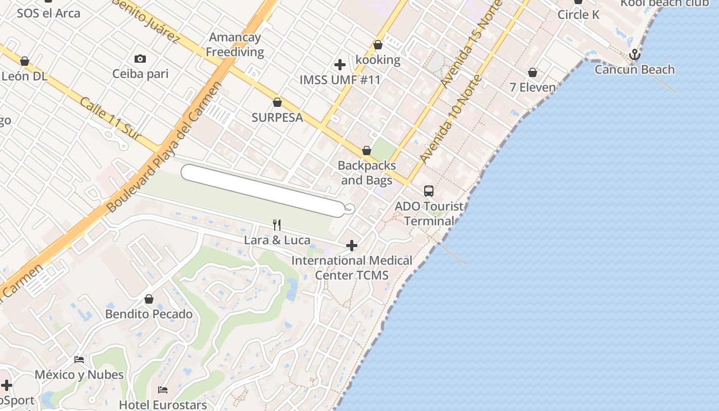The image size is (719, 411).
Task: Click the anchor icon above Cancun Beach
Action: click(x=635, y=54)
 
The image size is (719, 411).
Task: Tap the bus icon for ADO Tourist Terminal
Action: click(x=429, y=191)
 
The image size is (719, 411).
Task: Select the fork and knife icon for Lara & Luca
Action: click(x=277, y=225)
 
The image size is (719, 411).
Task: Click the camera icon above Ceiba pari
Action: click(x=140, y=59)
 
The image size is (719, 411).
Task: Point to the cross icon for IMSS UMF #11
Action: click(x=339, y=65)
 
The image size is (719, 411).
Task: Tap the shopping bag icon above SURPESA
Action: click(x=277, y=103)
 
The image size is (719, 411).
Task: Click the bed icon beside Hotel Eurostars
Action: click(x=163, y=390)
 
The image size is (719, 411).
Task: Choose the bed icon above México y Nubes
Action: click(x=79, y=360)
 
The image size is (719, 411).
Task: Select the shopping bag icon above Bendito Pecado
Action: click(x=149, y=299)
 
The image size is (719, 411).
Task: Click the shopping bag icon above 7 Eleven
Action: click(x=533, y=73)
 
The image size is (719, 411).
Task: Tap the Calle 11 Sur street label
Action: click(x=110, y=118)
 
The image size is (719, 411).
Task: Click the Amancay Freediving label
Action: click(x=235, y=45)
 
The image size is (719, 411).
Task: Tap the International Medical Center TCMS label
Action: click(x=352, y=268)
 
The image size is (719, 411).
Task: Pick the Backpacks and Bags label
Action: click(x=367, y=173)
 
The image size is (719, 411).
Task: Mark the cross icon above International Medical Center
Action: click(x=352, y=246)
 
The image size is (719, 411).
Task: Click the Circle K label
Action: click(x=578, y=14)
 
